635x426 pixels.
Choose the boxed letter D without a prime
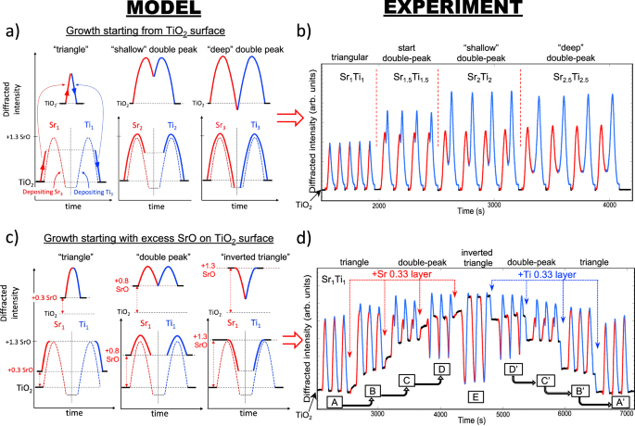[x=441, y=370]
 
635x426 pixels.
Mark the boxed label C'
[x=547, y=380]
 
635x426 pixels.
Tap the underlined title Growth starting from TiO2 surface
[x=155, y=32]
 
